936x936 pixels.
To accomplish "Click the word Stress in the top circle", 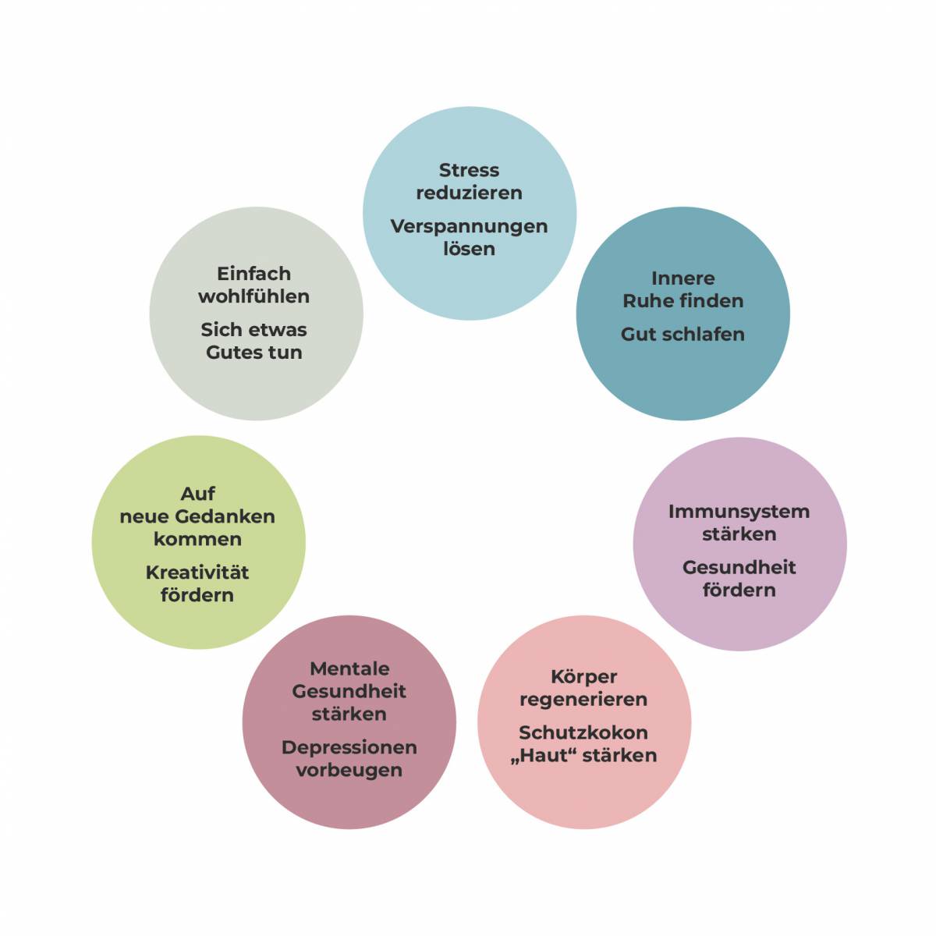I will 469,170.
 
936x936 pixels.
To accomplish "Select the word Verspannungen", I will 469,227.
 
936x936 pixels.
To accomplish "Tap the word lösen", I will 469,250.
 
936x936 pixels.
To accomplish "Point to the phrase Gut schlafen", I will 682,335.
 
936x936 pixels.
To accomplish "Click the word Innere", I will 682,278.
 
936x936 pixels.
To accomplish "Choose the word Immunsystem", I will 739,512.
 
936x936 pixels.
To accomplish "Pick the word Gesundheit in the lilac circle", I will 739,568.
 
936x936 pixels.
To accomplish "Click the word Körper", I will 583,677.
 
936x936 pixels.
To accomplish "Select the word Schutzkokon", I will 583,733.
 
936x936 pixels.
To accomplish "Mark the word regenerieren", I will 583,700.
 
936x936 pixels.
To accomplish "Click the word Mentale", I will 349,669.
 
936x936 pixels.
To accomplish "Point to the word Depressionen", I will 349,748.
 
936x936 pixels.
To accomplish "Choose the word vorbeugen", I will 349,771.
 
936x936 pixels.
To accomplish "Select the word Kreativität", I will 197,573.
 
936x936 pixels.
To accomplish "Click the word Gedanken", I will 225,517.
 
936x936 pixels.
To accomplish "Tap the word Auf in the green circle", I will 198,494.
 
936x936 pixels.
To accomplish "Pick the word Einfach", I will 253,274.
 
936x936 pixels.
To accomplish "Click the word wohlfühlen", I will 253,297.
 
